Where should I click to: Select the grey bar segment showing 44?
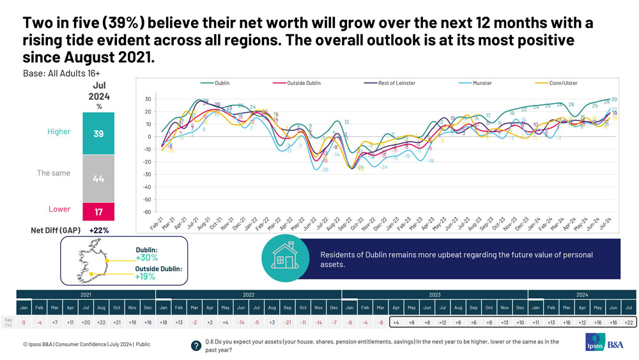[x=98, y=179]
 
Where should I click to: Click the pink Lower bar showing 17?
[x=98, y=211]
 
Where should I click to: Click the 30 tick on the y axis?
[x=146, y=99]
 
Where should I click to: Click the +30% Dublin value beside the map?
[x=146, y=258]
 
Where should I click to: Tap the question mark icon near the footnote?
[x=196, y=345]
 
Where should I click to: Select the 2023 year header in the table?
[x=435, y=295]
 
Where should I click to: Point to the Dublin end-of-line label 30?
[x=613, y=100]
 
